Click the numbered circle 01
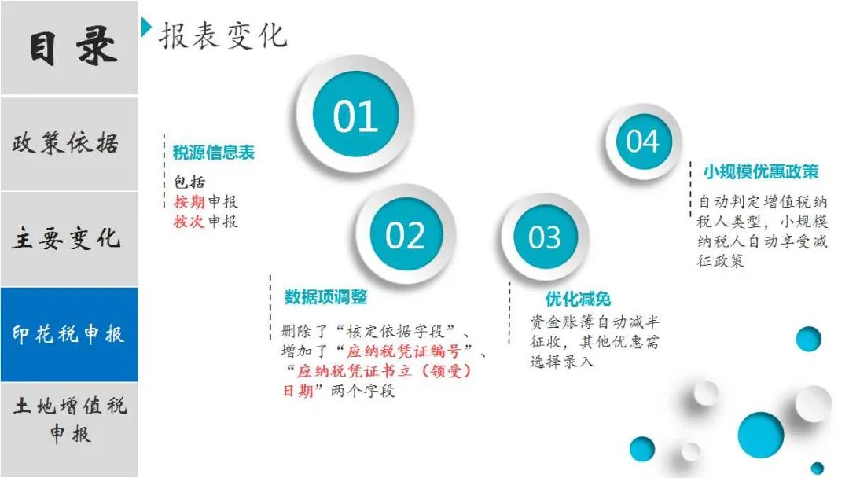(356, 115)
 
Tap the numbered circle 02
(406, 234)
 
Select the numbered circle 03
(544, 237)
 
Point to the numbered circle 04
(643, 142)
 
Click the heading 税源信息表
(214, 153)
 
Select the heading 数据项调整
(326, 296)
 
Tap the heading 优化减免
(579, 299)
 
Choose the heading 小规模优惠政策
(761, 171)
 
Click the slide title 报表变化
(222, 35)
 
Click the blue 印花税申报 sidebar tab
(68, 334)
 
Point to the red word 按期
(189, 202)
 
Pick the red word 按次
(189, 222)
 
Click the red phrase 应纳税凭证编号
(404, 351)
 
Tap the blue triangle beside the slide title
(146, 27)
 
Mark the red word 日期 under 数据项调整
(299, 390)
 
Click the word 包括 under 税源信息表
(189, 182)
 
